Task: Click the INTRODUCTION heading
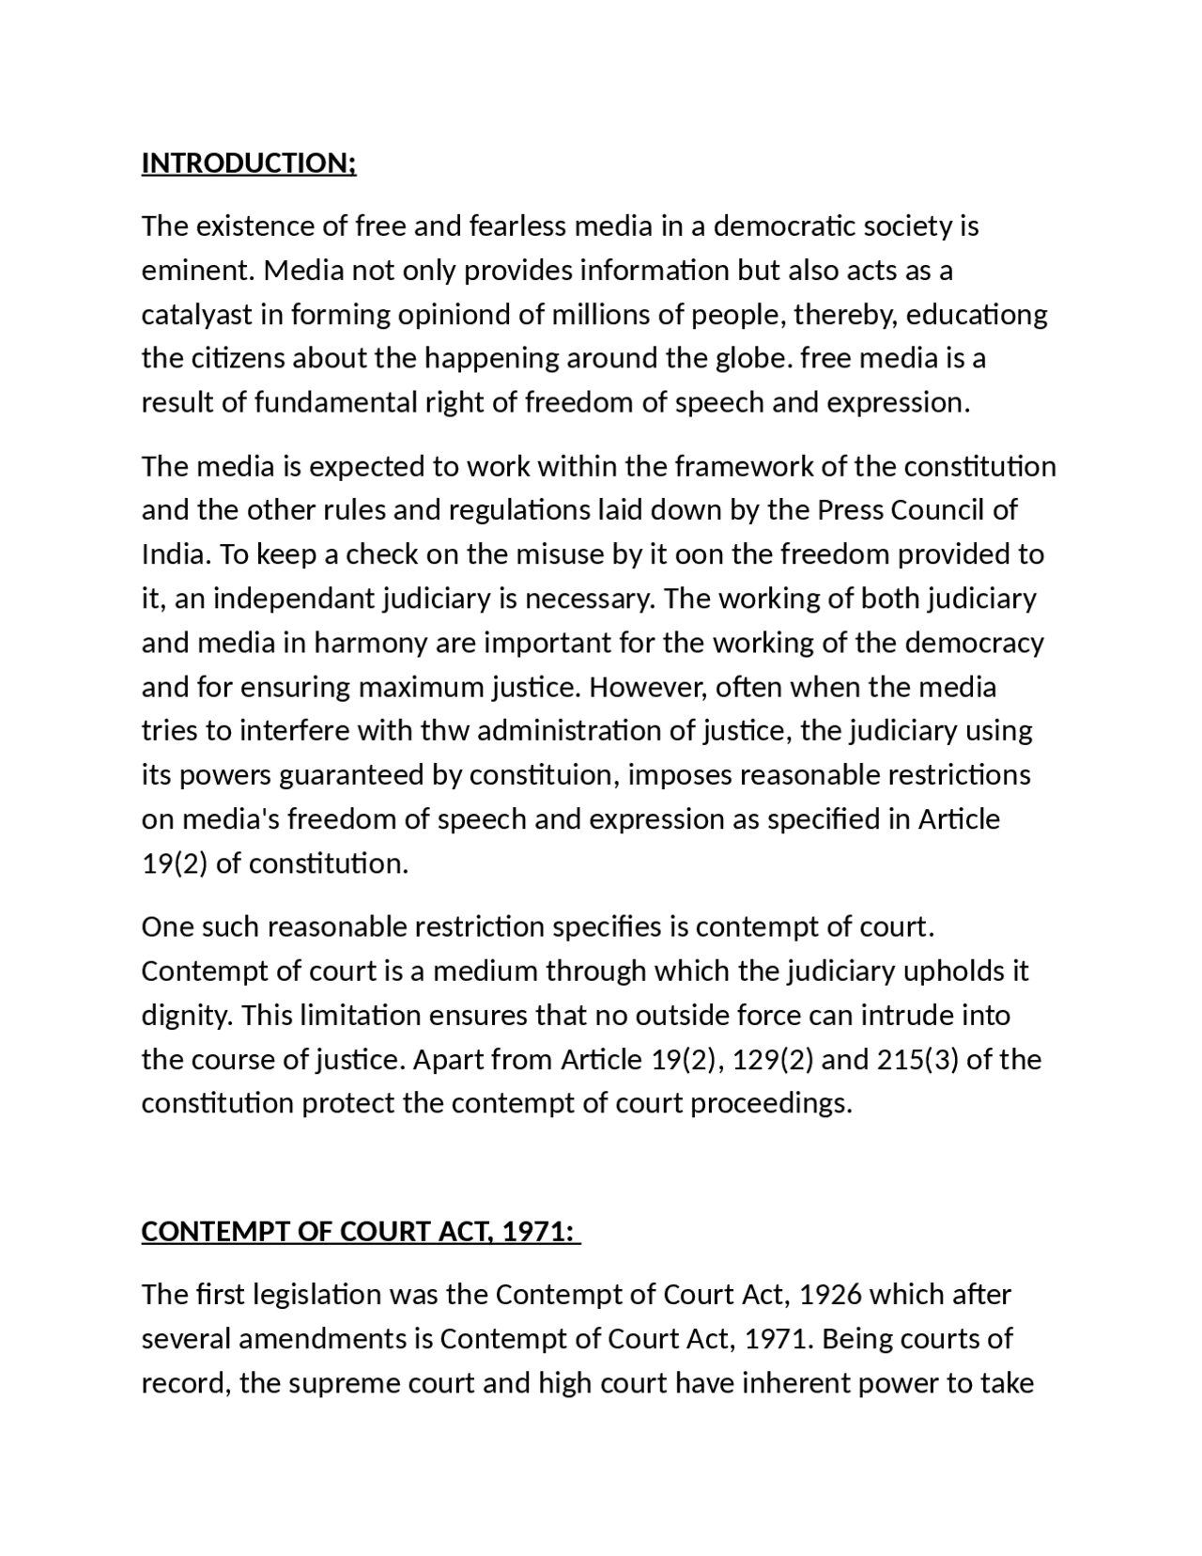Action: pos(249,163)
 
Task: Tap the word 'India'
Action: pos(175,554)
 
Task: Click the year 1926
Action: pos(830,1295)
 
